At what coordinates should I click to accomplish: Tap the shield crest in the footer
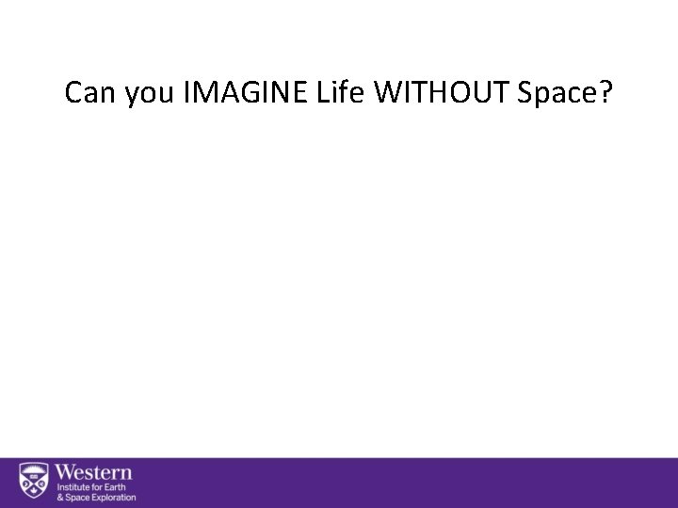[34, 483]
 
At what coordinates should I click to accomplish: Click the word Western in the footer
[95, 473]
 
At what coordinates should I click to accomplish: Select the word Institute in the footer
[73, 488]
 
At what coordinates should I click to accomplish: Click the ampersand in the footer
[58, 498]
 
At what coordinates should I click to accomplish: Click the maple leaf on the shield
[34, 490]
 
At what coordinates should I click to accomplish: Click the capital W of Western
[66, 473]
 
